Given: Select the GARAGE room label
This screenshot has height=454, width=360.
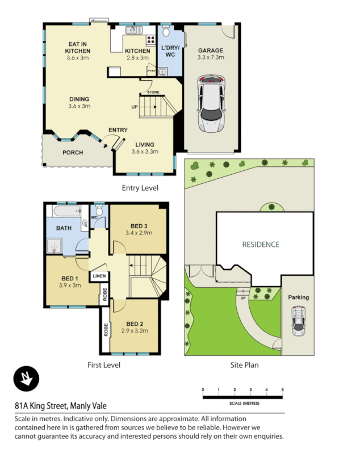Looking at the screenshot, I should pos(210,50).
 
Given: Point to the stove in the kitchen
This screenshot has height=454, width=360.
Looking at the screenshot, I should pos(152,40).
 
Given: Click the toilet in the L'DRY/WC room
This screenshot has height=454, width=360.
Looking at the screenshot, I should pos(166,30).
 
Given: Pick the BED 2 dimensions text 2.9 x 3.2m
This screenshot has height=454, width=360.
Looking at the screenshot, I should pos(134,330).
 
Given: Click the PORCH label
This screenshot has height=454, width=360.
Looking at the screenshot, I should pos(73,152).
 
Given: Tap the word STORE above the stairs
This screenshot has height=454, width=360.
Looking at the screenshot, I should pos(153,91).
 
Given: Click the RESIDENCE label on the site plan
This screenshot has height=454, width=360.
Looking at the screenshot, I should pos(261,245).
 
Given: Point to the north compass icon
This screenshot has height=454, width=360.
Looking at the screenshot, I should pos(26,379).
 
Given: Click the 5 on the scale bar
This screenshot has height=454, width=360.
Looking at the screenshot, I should pos(282,390).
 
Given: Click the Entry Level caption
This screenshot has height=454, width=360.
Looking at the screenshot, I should pos(140,187).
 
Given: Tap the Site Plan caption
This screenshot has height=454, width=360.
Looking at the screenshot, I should pos(244,365).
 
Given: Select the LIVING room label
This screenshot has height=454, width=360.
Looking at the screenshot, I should pos(145,144).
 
